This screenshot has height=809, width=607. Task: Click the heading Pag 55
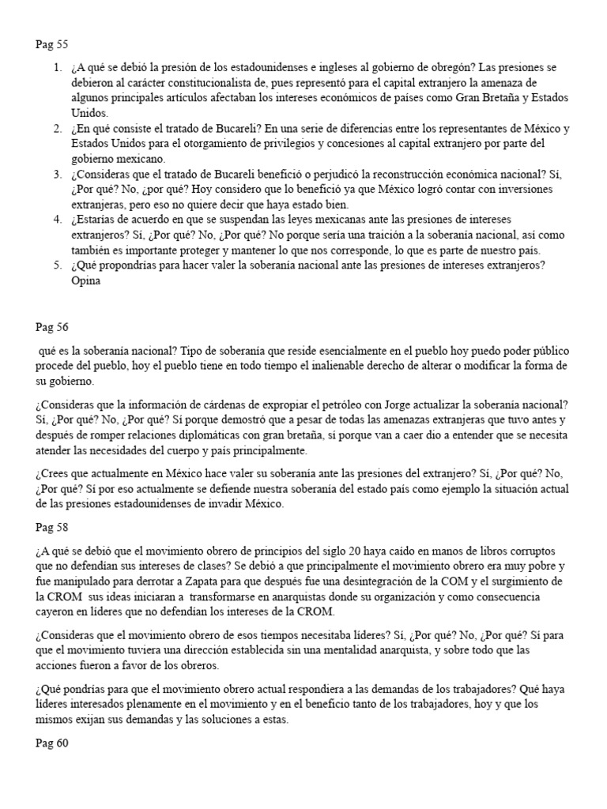[x=52, y=45]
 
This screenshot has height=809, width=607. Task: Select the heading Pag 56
[x=52, y=326]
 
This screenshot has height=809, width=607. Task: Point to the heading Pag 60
[x=52, y=743]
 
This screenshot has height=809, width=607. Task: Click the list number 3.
[x=58, y=175]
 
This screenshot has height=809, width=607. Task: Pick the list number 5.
[x=58, y=265]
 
